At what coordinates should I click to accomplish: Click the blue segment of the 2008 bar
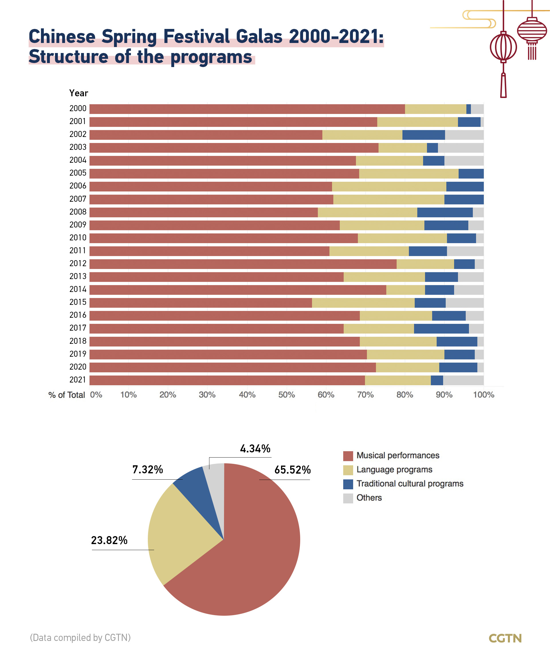click(x=445, y=212)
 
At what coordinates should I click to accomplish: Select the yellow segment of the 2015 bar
click(x=363, y=303)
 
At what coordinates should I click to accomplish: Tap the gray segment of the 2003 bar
click(x=461, y=148)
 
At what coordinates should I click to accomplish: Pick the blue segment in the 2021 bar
click(x=437, y=380)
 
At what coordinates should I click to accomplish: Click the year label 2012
click(x=78, y=263)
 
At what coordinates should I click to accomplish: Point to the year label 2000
click(x=78, y=108)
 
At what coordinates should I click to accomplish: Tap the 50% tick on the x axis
click(x=287, y=395)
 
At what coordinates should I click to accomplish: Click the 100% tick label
click(x=484, y=395)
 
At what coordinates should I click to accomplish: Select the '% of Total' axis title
click(x=66, y=395)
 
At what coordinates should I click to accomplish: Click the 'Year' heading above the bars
click(x=78, y=93)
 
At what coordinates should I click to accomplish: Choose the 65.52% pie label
click(x=292, y=470)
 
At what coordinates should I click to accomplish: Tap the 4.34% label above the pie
click(x=255, y=449)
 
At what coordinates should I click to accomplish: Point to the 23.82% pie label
click(x=109, y=540)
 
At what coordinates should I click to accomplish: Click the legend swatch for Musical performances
click(x=348, y=456)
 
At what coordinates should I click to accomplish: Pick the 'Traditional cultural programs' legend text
click(x=410, y=484)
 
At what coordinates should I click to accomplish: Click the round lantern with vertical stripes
click(x=503, y=47)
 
